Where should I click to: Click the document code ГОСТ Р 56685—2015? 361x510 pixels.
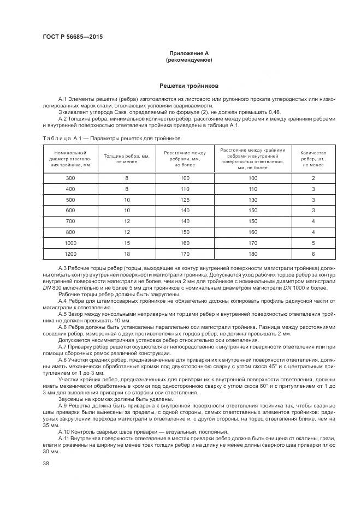click(x=73, y=37)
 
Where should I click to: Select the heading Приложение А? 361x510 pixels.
click(x=189, y=53)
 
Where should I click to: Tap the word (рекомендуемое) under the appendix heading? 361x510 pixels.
click(x=189, y=59)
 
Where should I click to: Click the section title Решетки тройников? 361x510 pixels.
click(x=189, y=86)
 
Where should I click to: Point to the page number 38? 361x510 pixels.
click(x=46, y=464)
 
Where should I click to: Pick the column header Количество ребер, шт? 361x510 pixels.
click(x=313, y=158)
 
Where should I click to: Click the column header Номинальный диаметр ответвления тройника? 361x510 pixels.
click(x=70, y=158)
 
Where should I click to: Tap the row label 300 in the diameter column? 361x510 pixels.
click(x=70, y=178)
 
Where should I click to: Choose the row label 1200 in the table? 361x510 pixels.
click(x=70, y=254)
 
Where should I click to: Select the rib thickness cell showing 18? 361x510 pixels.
click(x=127, y=254)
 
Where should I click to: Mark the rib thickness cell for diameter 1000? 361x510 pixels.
click(x=127, y=243)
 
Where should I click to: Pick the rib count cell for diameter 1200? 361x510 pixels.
click(x=313, y=254)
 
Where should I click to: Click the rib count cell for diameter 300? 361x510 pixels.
click(x=313, y=178)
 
